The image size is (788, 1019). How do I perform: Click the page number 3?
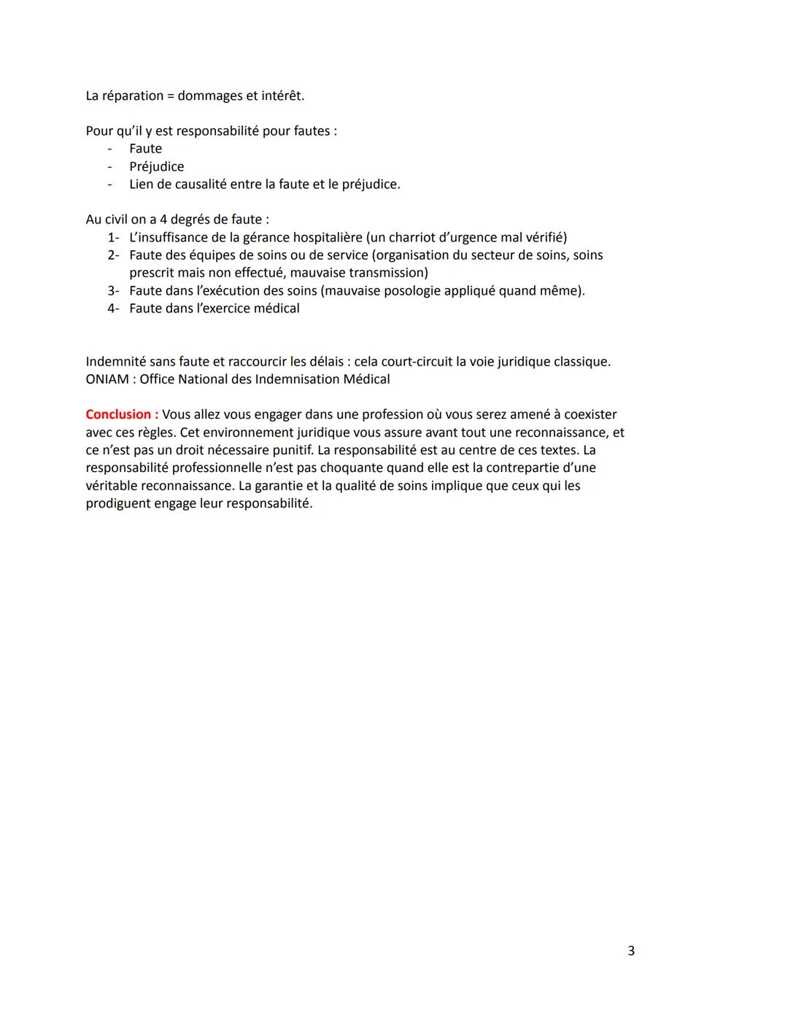pyautogui.click(x=631, y=950)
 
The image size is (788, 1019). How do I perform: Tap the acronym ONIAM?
pyautogui.click(x=107, y=379)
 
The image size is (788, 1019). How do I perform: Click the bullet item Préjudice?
pyautogui.click(x=156, y=166)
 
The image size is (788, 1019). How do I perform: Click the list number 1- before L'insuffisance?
pyautogui.click(x=113, y=237)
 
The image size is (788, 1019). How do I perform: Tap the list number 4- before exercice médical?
pyautogui.click(x=113, y=309)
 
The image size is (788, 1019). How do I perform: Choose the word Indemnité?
pyautogui.click(x=120, y=362)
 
